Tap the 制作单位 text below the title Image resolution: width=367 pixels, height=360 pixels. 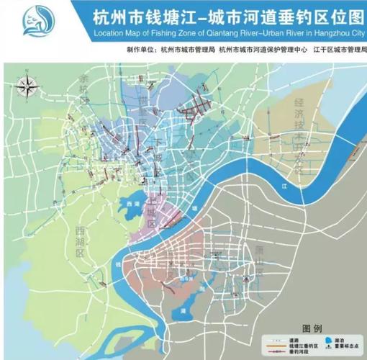[x=140, y=50]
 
